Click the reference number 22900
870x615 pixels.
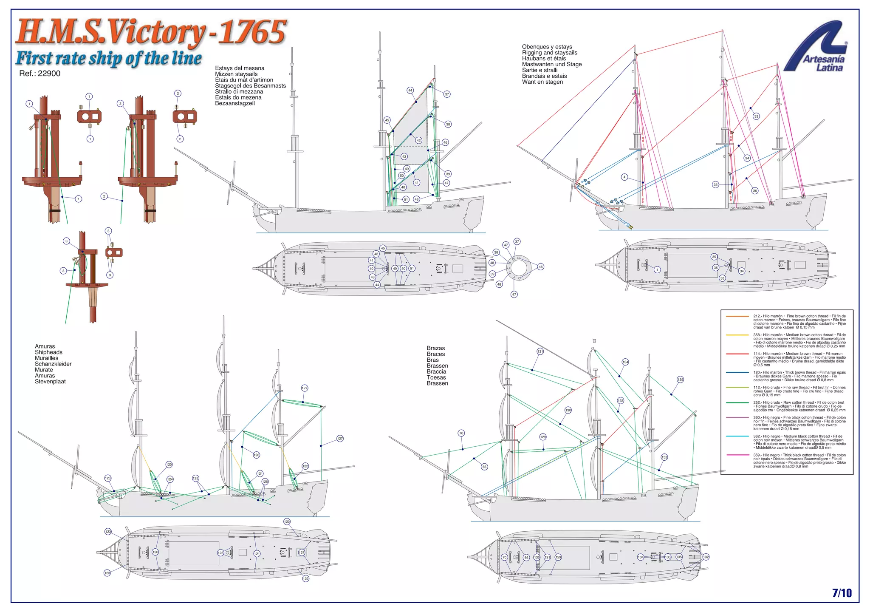tap(40, 74)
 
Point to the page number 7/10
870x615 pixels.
tap(842, 593)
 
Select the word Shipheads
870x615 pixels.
tap(48, 352)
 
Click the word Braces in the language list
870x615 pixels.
tap(436, 354)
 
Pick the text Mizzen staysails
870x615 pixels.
tap(236, 74)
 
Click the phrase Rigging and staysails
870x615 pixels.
tap(550, 53)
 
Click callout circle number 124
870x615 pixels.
tap(170, 479)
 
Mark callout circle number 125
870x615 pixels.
tap(195, 479)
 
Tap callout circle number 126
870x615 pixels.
tap(265, 482)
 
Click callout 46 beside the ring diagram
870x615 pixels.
tap(540, 267)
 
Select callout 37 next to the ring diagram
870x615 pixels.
tap(517, 241)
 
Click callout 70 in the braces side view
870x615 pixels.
tap(461, 434)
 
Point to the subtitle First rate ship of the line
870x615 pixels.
tap(108, 58)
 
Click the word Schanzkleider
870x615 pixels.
tap(53, 364)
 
